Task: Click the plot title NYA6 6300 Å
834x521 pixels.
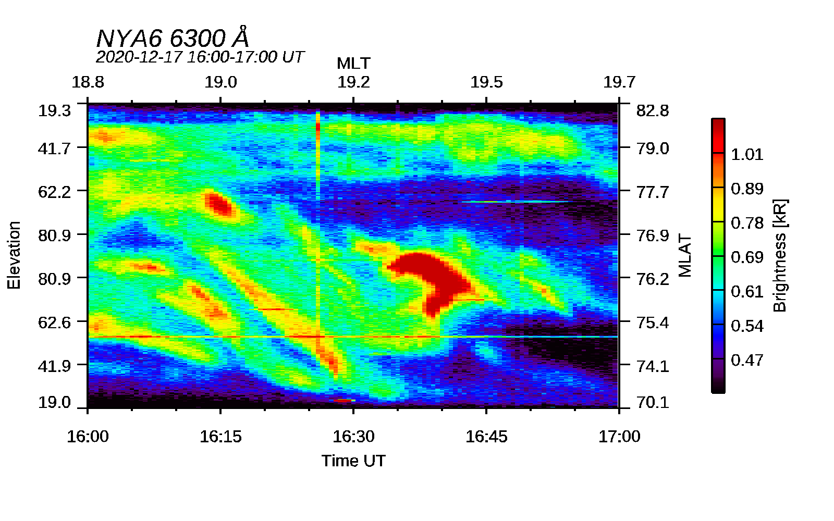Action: (x=173, y=37)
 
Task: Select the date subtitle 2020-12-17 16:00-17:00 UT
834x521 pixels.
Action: (x=200, y=57)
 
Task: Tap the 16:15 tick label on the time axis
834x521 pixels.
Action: (x=221, y=437)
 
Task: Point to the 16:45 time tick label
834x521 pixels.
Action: (x=486, y=437)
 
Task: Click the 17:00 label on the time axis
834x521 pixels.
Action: (x=619, y=437)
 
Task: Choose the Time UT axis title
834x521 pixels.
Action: (x=353, y=461)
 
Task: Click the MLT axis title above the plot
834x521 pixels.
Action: (x=353, y=63)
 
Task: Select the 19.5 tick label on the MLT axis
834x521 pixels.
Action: (x=486, y=82)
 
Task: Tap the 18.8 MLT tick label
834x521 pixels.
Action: (x=88, y=82)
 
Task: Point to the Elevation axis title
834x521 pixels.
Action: (x=14, y=255)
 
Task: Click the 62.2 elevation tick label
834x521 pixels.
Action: (x=54, y=192)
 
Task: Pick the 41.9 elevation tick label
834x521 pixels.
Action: (x=54, y=366)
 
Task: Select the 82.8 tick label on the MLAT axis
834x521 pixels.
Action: (x=653, y=111)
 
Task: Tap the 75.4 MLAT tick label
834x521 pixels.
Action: (x=653, y=322)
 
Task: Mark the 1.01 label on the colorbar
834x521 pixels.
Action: (x=747, y=154)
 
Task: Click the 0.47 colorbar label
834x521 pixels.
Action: (x=747, y=360)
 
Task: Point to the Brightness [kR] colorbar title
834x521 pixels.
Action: (x=780, y=256)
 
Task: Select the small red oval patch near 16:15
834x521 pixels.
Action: (x=219, y=204)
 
